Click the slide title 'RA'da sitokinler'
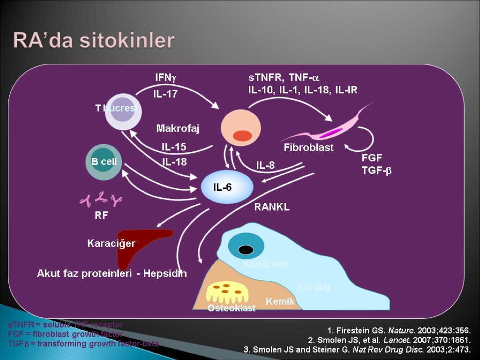(94, 40)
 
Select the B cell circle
(104, 162)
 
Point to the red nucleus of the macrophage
(242, 136)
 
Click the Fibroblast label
(308, 148)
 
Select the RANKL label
(272, 207)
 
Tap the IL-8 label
(265, 165)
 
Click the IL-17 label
(165, 94)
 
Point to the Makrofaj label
(178, 128)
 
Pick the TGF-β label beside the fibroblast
(376, 171)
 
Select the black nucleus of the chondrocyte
(246, 250)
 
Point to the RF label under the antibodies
(101, 216)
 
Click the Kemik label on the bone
(280, 302)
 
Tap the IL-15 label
(174, 147)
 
